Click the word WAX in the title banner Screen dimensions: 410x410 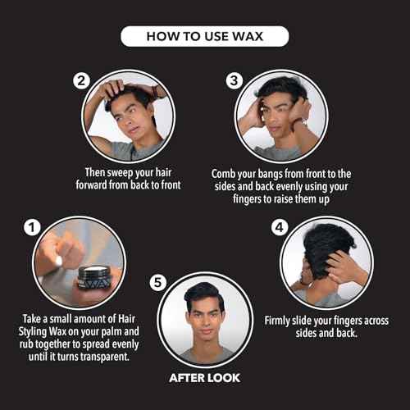[x=248, y=36]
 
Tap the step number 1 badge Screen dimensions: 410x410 [x=32, y=227]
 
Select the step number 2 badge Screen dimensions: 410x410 [x=81, y=80]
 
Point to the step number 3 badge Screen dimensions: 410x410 [x=234, y=80]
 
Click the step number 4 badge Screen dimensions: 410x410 [x=280, y=227]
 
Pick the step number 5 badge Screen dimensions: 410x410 [x=158, y=282]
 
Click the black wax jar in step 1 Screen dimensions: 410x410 [x=94, y=278]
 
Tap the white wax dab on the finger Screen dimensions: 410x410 [x=59, y=262]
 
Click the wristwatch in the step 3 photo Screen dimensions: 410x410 [x=303, y=122]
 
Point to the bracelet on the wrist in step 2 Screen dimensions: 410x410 [x=155, y=92]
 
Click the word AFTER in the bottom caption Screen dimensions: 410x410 [x=186, y=378]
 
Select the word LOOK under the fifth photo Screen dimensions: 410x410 [x=223, y=378]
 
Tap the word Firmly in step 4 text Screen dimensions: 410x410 [x=277, y=321]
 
